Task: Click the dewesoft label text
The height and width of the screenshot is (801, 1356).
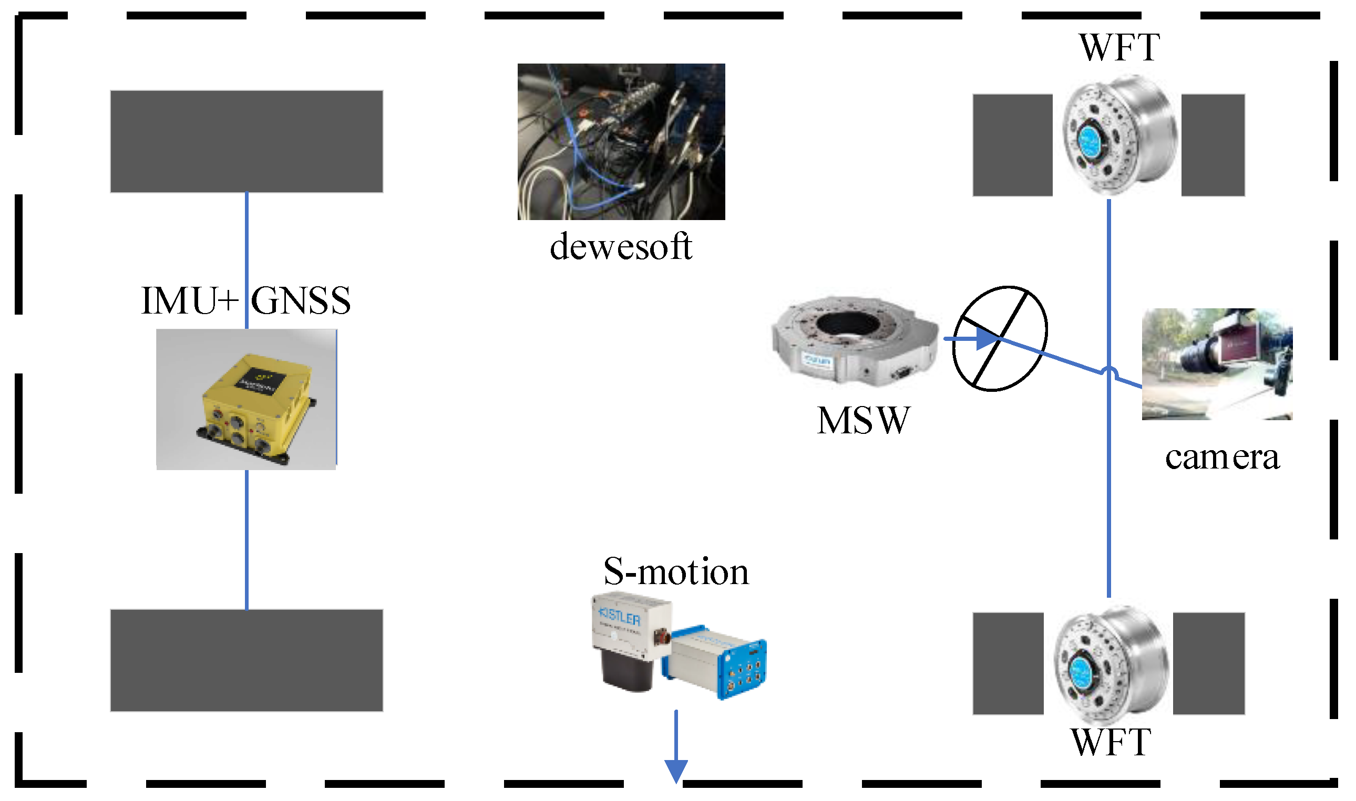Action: [621, 247]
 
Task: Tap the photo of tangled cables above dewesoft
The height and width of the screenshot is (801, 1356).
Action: [621, 141]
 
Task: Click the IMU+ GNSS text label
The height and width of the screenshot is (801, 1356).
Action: [246, 301]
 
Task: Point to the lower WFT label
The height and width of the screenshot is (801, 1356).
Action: [1112, 743]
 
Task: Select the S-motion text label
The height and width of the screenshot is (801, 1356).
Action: [676, 572]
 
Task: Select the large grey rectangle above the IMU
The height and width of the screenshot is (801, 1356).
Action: [247, 141]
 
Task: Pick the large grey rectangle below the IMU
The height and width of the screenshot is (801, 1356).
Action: [247, 661]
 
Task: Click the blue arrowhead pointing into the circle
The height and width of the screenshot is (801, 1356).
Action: [989, 339]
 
